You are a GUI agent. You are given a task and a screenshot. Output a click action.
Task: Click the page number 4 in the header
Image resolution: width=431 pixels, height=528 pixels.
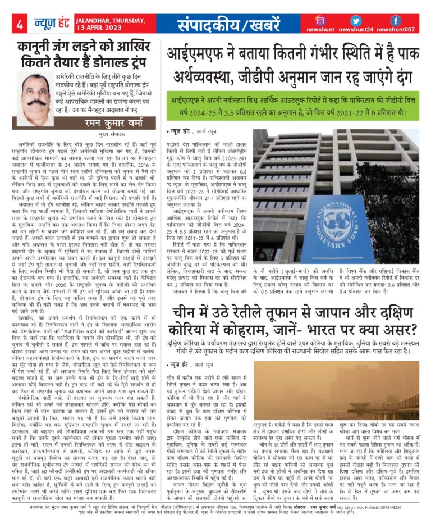pos(20,25)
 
